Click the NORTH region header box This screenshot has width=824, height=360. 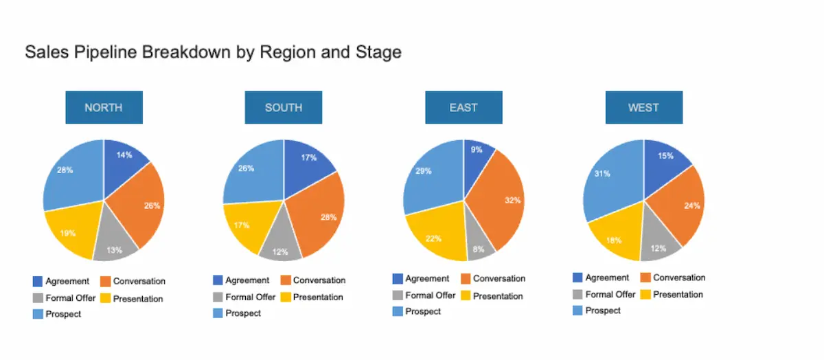(x=104, y=107)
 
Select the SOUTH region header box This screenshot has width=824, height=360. (x=284, y=107)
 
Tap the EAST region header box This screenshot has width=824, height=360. (x=463, y=107)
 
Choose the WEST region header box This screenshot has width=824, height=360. (x=643, y=107)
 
